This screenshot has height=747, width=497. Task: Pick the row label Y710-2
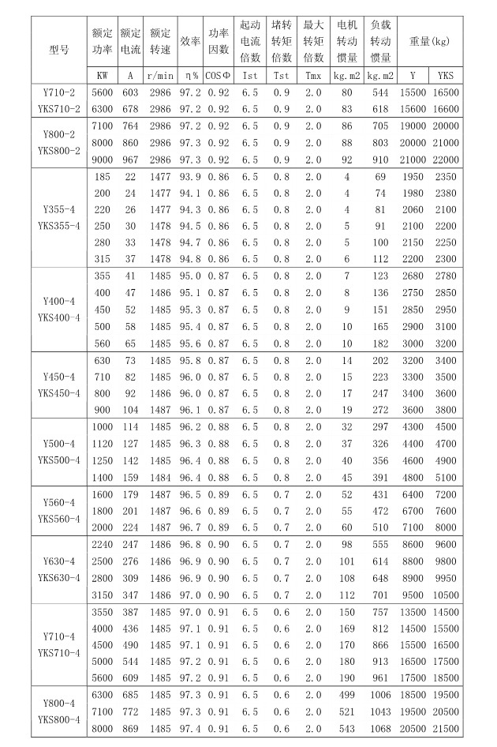[59, 92]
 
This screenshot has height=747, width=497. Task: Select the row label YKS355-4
[59, 227]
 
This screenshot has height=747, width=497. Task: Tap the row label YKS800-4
[59, 719]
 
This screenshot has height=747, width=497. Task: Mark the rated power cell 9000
[103, 159]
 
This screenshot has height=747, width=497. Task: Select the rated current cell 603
[130, 92]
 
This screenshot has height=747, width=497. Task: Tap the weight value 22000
[446, 159]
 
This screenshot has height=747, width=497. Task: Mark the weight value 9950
[446, 578]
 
